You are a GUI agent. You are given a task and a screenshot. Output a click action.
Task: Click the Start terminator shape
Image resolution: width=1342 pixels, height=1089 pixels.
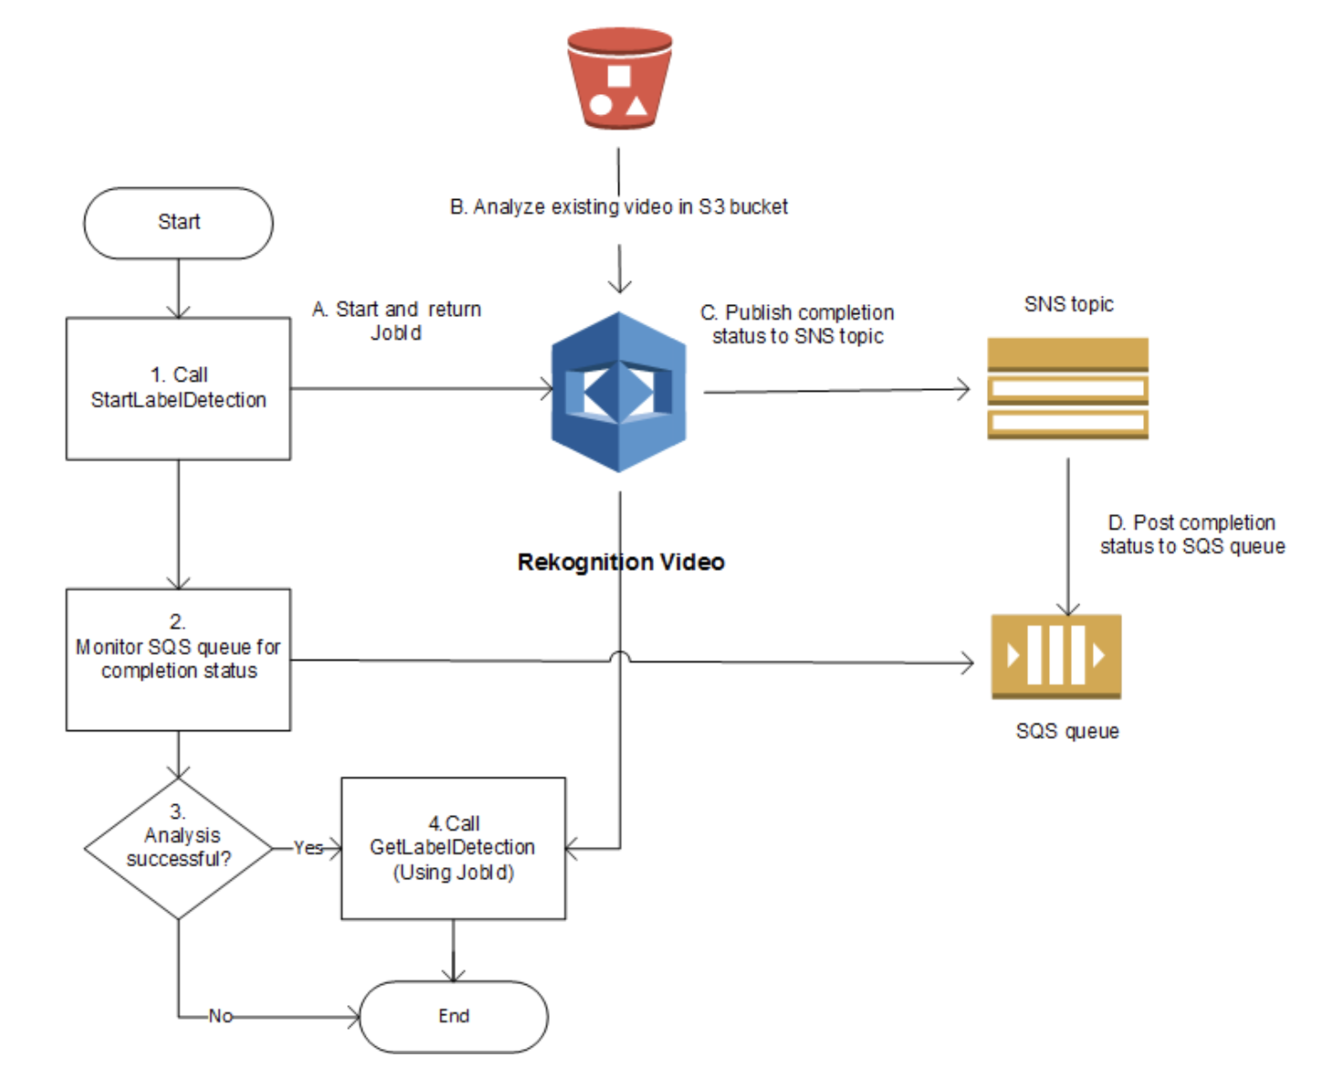(x=178, y=223)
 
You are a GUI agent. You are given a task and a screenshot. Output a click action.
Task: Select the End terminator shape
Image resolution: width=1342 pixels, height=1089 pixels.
(x=454, y=1016)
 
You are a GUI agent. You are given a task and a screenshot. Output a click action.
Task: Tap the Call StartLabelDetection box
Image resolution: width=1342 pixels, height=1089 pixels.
(x=178, y=388)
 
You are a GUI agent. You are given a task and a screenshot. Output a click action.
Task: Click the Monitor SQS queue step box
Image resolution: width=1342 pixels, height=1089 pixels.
(x=178, y=659)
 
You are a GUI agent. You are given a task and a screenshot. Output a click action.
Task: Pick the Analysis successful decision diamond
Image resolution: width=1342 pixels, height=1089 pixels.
(x=178, y=848)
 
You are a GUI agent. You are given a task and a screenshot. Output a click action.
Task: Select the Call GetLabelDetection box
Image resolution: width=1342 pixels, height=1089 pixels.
(x=453, y=848)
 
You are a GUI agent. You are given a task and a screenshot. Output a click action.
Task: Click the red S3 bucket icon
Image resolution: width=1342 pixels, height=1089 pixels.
(x=619, y=79)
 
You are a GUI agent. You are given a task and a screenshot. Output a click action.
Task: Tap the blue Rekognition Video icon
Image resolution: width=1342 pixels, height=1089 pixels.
(x=619, y=392)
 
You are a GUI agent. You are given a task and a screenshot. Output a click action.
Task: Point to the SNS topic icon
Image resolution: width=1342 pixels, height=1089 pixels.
(x=1067, y=388)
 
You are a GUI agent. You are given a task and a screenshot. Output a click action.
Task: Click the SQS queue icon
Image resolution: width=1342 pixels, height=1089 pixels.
(x=1056, y=656)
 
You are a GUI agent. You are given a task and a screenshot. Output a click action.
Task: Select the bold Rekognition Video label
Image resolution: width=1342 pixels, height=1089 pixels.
(x=621, y=562)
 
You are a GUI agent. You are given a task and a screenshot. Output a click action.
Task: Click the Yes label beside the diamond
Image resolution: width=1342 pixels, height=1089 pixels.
(x=308, y=848)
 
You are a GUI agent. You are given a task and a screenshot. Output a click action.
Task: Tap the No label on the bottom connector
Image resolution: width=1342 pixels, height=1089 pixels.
(x=220, y=1016)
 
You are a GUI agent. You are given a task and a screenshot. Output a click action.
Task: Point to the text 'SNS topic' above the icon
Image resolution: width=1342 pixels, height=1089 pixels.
(x=1068, y=304)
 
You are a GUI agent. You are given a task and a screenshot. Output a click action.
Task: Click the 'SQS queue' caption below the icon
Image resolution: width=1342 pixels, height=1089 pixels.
(x=1067, y=731)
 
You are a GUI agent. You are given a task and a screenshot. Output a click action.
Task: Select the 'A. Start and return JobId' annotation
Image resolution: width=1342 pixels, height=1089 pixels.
(x=396, y=321)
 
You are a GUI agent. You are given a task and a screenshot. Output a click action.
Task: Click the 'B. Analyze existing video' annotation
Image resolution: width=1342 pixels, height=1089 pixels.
(x=618, y=207)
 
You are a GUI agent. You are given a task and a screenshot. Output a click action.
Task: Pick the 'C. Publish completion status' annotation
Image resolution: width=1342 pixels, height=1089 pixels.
(x=797, y=324)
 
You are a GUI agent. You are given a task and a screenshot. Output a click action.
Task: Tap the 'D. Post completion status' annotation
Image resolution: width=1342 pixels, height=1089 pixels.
(x=1192, y=534)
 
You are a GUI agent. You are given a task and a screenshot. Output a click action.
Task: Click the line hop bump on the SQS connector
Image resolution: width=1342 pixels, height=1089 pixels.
(x=620, y=656)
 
